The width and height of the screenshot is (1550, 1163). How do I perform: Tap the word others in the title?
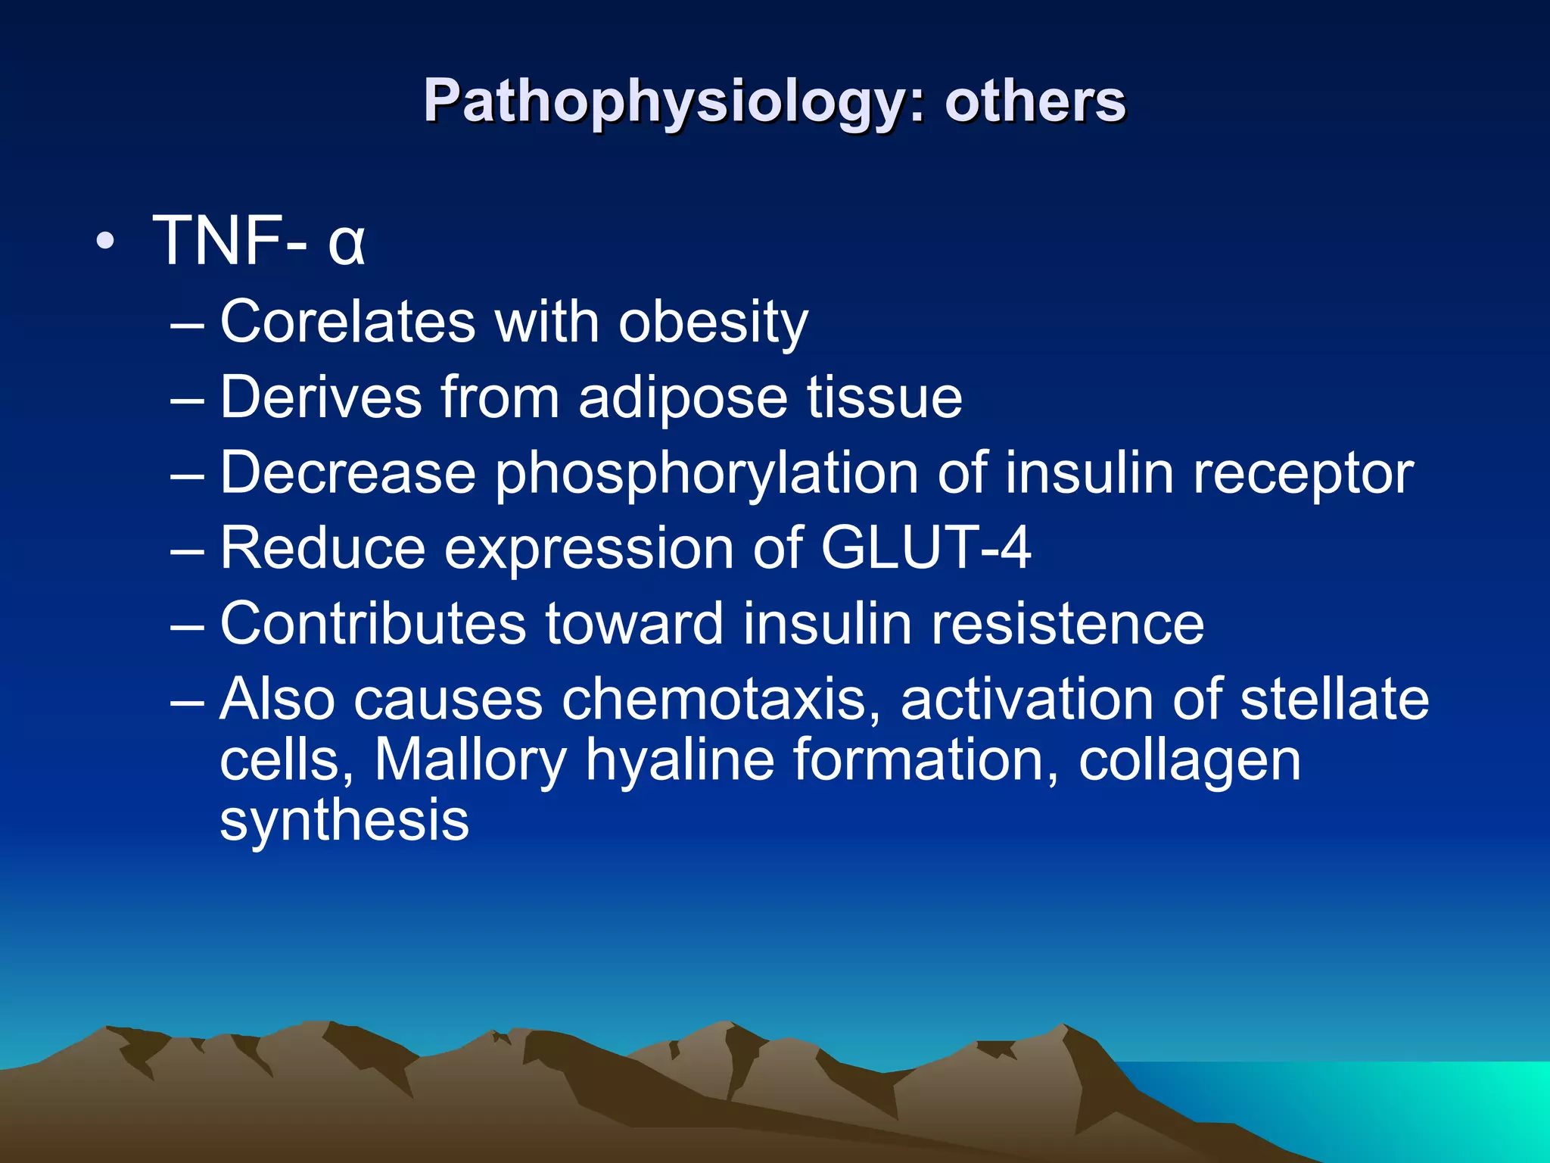tap(1035, 102)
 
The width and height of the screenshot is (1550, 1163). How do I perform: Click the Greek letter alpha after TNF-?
tap(347, 242)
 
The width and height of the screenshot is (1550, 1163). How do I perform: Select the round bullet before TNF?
tap(106, 242)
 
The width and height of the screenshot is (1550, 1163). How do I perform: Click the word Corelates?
tap(348, 322)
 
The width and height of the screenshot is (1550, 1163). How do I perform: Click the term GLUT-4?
tap(926, 547)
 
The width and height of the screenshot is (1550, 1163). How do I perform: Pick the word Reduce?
tap(323, 547)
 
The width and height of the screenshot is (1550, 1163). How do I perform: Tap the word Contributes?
tap(373, 623)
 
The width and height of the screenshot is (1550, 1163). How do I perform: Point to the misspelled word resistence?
tap(1067, 623)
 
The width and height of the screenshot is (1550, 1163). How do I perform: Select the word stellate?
tap(1334, 699)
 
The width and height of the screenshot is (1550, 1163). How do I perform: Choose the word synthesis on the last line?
tap(344, 820)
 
